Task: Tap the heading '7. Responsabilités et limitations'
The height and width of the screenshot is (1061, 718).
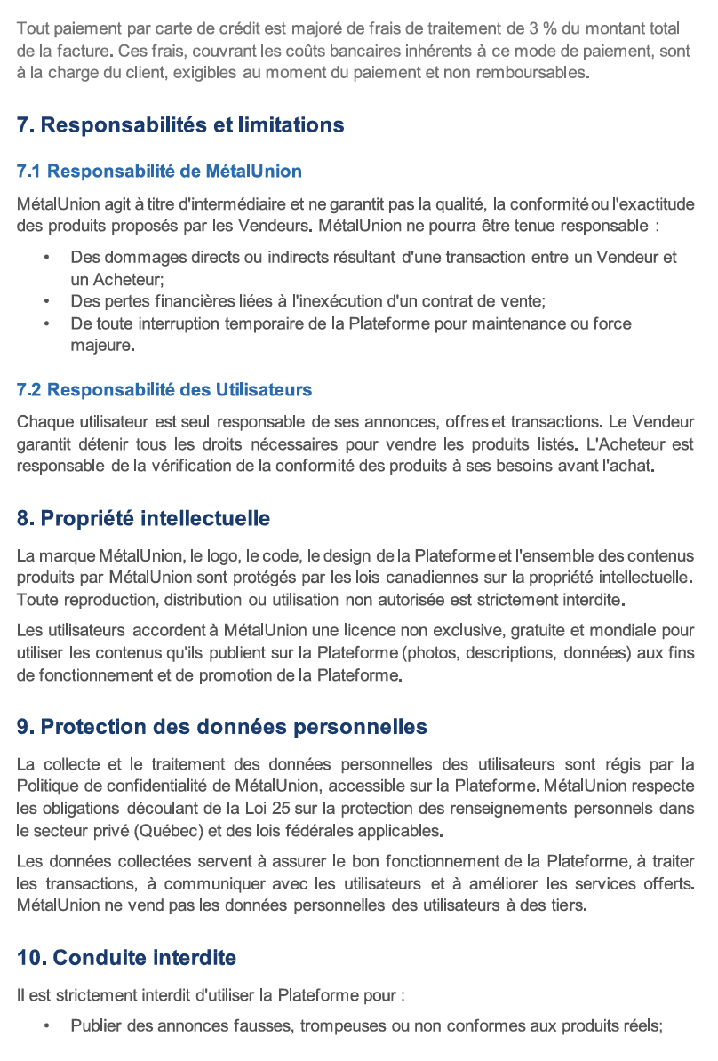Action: pyautogui.click(x=180, y=125)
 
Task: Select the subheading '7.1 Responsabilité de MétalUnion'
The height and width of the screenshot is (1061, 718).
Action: pyautogui.click(x=159, y=171)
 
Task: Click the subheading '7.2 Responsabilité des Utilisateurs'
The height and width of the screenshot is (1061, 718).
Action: pyautogui.click(x=164, y=389)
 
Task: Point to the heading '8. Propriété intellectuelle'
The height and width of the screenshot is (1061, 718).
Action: pyautogui.click(x=143, y=518)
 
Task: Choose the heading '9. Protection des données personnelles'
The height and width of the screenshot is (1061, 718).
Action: pyautogui.click(x=222, y=727)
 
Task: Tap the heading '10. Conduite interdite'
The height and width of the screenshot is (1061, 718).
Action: pyautogui.click(x=126, y=958)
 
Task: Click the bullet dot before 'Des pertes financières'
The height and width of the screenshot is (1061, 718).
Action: pyautogui.click(x=46, y=301)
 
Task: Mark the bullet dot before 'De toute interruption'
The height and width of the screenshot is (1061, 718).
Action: pyautogui.click(x=46, y=323)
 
